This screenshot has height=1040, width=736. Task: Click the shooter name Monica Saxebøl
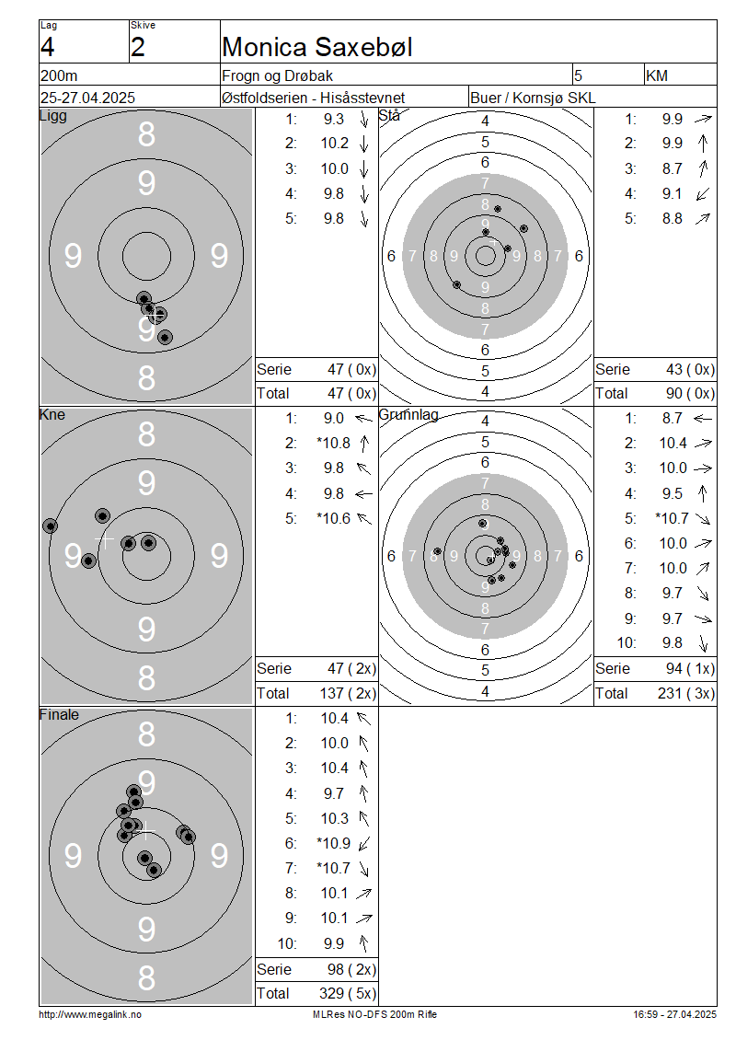[317, 47]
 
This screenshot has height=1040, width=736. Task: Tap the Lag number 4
[47, 47]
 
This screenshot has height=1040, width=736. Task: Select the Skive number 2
[137, 47]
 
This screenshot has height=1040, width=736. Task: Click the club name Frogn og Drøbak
[277, 76]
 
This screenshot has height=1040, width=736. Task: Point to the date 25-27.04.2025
[87, 98]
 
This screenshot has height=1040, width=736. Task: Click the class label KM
[657, 76]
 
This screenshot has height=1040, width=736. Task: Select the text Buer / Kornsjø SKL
[533, 98]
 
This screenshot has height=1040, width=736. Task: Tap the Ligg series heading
[53, 116]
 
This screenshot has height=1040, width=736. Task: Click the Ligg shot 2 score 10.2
[334, 144]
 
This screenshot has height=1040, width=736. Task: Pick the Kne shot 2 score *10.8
[333, 443]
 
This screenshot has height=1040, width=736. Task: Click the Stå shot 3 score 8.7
[672, 169]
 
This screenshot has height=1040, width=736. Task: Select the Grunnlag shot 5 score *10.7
[672, 518]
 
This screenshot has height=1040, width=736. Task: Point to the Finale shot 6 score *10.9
[333, 843]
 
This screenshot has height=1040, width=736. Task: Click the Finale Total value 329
[331, 994]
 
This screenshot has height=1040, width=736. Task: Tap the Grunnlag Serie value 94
[674, 668]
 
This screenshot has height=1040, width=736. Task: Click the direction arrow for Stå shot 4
[703, 194]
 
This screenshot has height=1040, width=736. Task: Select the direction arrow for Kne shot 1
[364, 419]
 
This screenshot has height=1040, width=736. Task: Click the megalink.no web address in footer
[90, 1014]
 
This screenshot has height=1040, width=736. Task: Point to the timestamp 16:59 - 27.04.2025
[674, 1014]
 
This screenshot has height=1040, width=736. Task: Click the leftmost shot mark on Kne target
[50, 526]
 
